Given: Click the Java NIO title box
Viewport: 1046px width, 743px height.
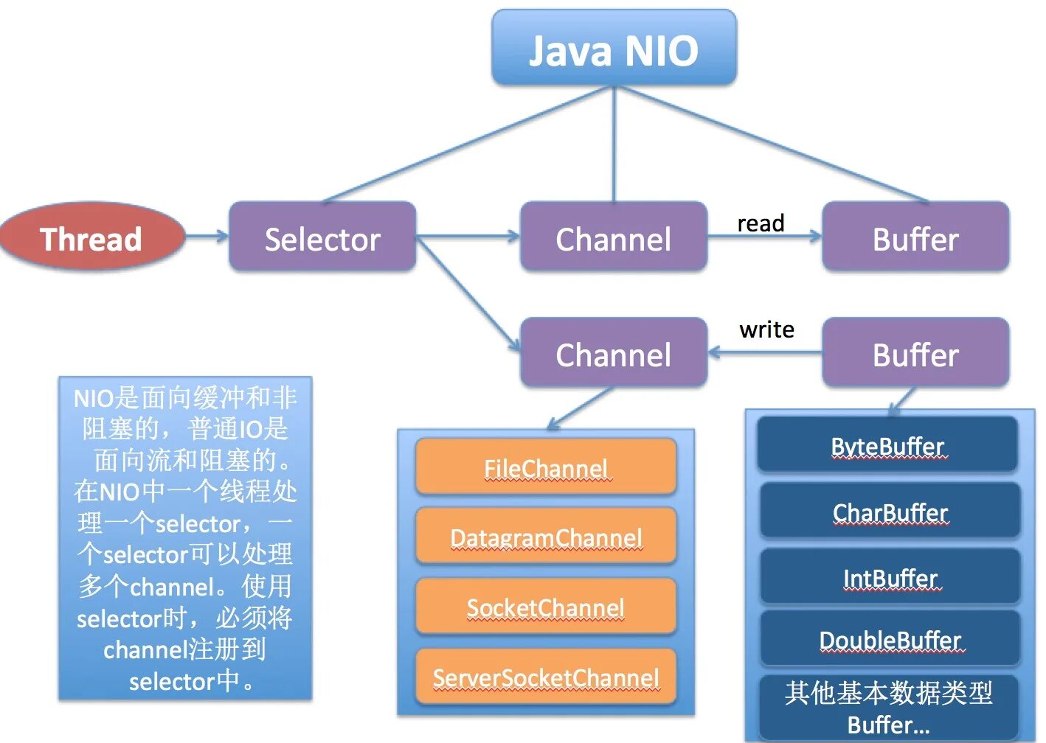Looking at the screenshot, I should [614, 49].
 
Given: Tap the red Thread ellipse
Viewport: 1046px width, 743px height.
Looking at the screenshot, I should [91, 237].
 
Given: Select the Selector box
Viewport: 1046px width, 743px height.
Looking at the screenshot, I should [322, 237].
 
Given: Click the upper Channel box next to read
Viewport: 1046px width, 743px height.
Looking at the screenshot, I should [613, 237].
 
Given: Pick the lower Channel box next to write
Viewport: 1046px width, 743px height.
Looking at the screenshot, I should [613, 353].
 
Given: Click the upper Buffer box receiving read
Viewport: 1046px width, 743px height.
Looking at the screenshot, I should [915, 237].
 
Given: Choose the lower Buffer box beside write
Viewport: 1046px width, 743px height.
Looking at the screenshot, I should [915, 353].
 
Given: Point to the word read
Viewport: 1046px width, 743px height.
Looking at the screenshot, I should [761, 223].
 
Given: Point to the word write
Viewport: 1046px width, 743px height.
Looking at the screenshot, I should [766, 329].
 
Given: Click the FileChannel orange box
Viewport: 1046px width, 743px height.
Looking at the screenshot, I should [546, 467].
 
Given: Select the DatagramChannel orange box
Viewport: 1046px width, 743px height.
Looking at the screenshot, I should [546, 537].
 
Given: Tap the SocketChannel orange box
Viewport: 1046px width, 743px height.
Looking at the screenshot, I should [546, 607].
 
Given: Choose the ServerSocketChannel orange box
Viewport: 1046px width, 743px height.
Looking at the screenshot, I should [546, 677].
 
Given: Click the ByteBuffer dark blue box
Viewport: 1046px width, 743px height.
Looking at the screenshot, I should [887, 445].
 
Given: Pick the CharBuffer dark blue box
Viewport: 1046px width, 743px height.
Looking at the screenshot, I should [890, 511].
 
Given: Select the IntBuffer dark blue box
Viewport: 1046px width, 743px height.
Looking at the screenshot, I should [890, 577].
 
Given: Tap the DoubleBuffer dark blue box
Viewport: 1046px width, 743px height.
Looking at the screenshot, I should [890, 639].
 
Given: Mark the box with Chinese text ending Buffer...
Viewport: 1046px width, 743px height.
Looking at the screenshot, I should [888, 707].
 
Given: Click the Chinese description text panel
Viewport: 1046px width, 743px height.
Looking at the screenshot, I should [185, 538].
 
